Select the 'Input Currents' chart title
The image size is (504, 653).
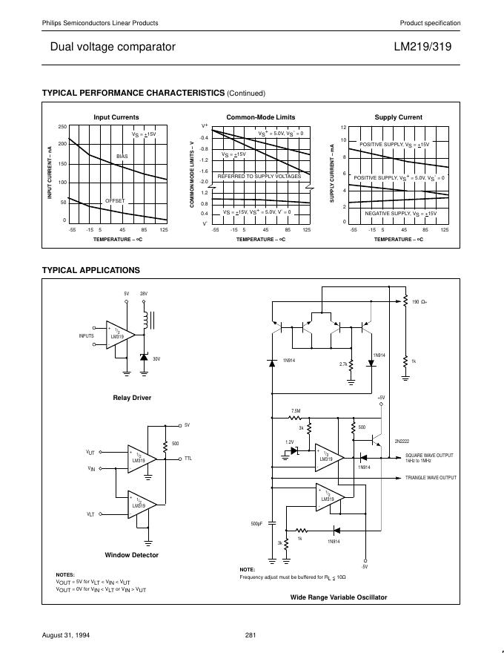pos(116,117)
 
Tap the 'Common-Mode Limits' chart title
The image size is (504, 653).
pos(260,117)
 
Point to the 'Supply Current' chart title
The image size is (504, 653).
pos(398,117)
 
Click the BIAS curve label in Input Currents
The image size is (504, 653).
pos(122,157)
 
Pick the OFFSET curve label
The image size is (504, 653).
pos(115,201)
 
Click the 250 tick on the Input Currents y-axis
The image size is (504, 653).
pos(62,127)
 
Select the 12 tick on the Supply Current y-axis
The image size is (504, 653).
pos(343,127)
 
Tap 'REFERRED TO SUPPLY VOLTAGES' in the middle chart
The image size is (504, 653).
pos(259,177)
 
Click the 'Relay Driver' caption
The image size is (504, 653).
pos(132,398)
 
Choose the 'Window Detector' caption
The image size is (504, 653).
pos(132,555)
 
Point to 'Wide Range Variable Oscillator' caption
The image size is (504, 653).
pos(338,597)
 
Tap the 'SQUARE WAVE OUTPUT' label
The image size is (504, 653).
pos(429,455)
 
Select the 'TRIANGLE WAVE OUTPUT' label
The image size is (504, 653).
pos(431,478)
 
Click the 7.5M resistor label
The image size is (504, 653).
pos(296,410)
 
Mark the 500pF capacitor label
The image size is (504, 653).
pos(257,524)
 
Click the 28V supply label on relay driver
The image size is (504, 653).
pos(144,294)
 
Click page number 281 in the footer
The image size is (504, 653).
pos(251,634)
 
